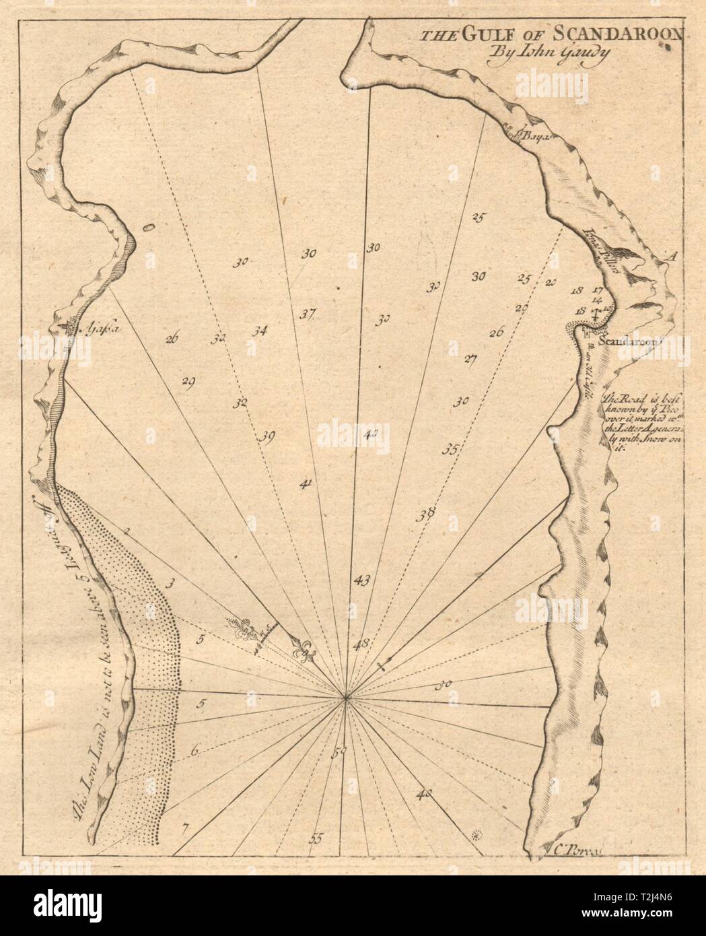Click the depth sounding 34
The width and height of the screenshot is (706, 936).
pyautogui.click(x=259, y=331)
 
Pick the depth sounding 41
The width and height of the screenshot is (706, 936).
pyautogui.click(x=305, y=483)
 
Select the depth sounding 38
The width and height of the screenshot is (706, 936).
pyautogui.click(x=424, y=515)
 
